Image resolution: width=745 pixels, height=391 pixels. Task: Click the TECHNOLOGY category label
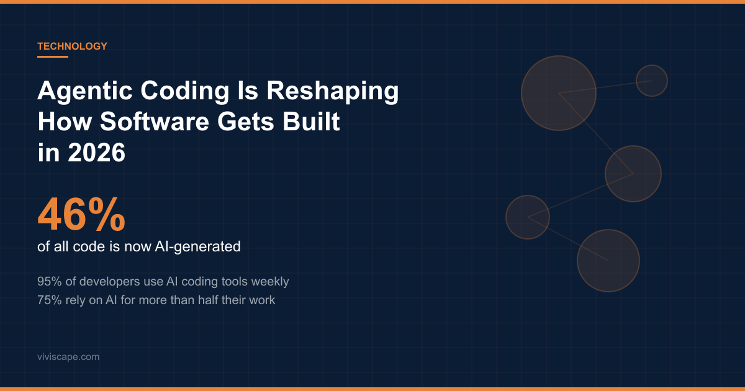72,46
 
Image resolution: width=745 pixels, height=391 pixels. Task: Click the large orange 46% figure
81,214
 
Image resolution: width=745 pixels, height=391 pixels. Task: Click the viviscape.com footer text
68,357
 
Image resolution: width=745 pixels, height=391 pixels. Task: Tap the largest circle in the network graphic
559,93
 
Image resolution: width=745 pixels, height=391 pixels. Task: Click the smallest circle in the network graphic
652,81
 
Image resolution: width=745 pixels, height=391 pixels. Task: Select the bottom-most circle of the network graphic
608,261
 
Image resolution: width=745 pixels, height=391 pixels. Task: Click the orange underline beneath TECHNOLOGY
53,56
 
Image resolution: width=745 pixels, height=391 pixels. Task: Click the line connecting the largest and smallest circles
605,87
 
